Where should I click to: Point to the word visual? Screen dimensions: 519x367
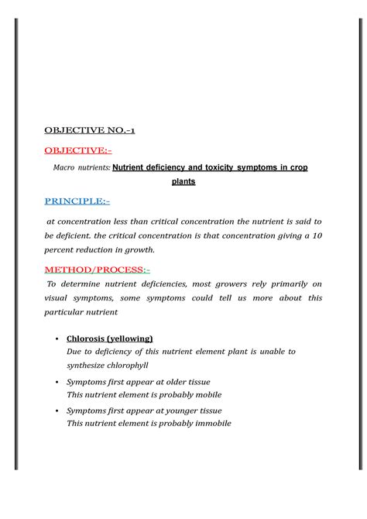point(57,298)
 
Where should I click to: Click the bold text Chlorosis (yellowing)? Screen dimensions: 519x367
point(110,339)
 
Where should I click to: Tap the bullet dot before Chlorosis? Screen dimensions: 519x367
point(59,339)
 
